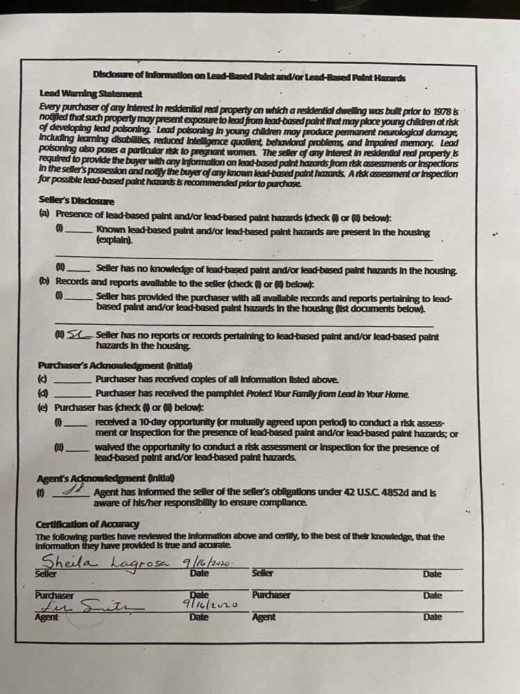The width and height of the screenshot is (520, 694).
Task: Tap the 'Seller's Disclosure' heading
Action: [77, 201]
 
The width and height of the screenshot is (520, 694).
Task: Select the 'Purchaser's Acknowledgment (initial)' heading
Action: [114, 365]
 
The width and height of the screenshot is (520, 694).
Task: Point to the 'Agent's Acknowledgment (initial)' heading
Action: [105, 477]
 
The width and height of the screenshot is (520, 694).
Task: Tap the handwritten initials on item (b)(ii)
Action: [79, 335]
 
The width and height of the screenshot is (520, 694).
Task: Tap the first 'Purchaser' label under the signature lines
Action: [54, 595]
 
